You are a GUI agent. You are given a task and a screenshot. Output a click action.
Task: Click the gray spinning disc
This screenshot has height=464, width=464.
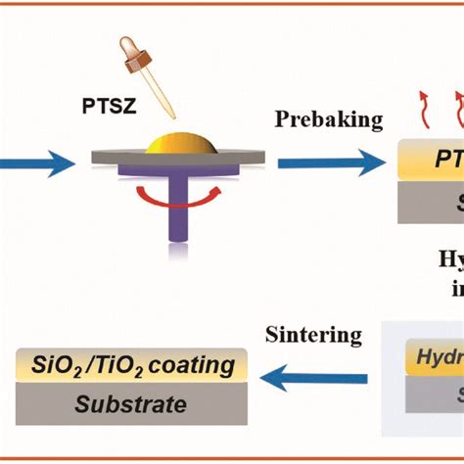[117, 157]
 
